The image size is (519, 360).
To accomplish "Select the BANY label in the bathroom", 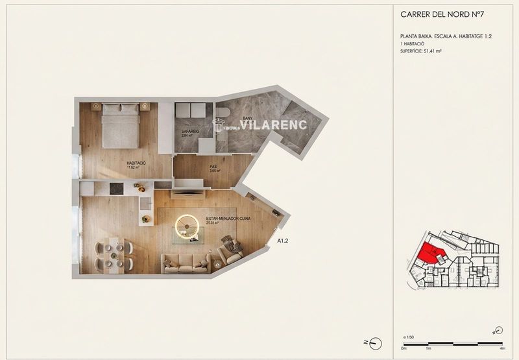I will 247,118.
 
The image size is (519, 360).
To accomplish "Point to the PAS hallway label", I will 213,167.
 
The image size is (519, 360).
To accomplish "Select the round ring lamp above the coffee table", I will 187,225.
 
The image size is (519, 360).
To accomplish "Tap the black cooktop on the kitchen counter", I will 115,188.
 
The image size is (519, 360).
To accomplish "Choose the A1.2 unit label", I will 283,241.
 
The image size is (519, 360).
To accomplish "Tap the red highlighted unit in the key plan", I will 429,253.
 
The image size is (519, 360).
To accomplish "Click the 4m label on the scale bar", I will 502,348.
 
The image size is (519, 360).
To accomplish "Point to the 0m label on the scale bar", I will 404,348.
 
